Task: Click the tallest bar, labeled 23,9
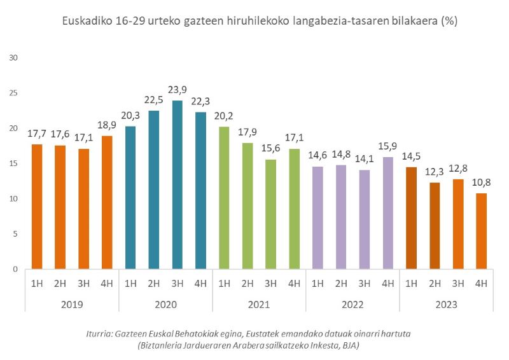177,184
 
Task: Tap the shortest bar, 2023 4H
481,231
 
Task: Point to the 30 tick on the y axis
13,58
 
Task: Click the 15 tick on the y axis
13,163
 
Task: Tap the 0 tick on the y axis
15,269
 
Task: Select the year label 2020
165,305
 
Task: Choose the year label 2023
446,305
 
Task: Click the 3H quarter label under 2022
364,283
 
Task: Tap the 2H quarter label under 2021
247,283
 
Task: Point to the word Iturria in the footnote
101,334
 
